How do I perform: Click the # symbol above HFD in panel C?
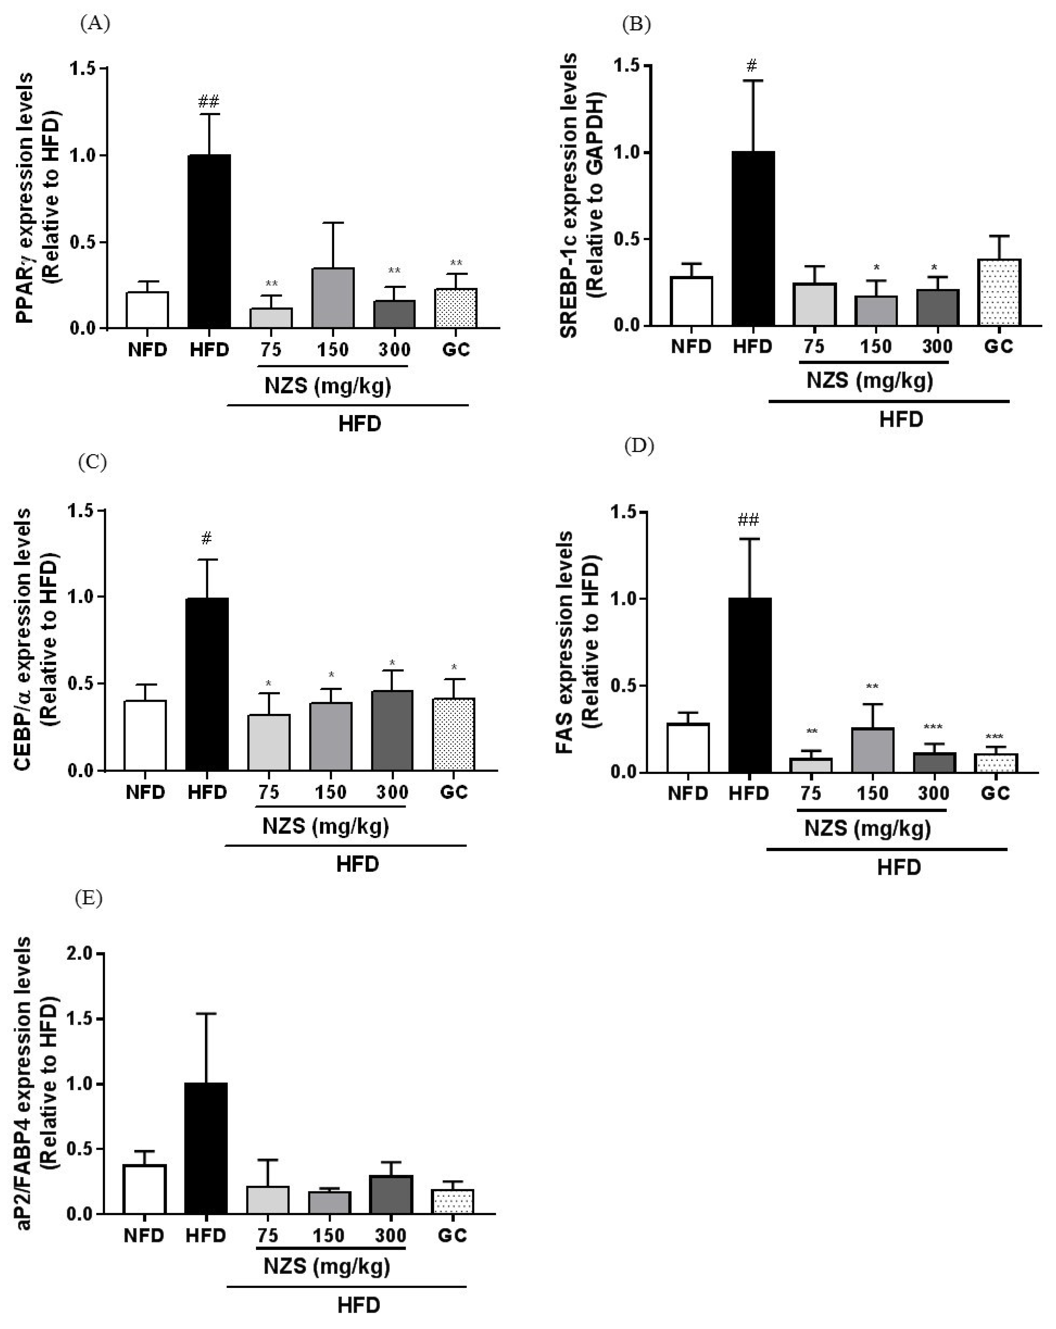(206, 539)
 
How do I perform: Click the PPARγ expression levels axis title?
(40, 197)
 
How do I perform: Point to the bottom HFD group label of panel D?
(899, 868)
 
